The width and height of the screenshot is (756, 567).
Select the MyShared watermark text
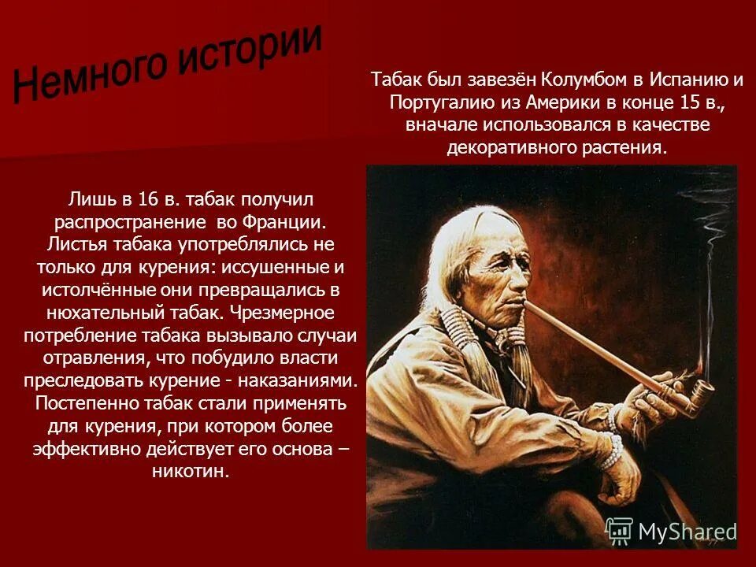point(687,532)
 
